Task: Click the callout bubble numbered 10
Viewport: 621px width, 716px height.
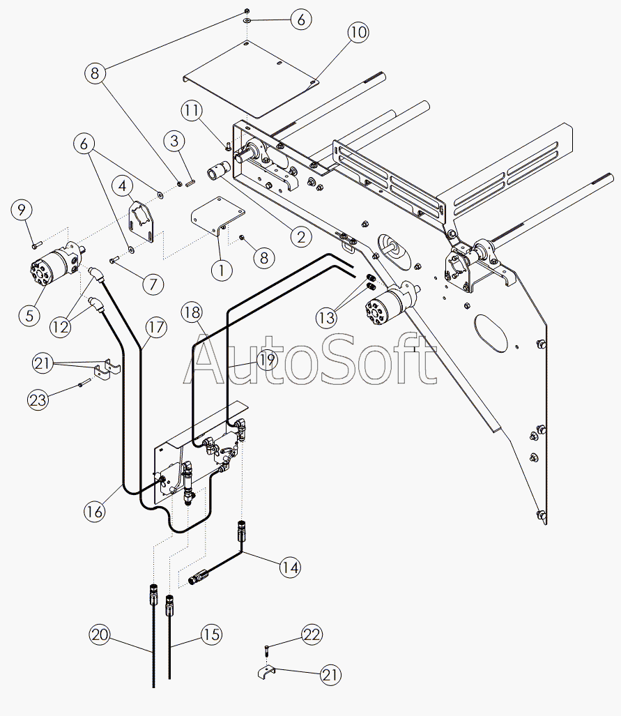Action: (358, 33)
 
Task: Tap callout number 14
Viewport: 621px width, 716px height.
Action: (291, 568)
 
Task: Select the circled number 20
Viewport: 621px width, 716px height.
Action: (100, 634)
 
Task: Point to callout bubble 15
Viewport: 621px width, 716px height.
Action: (211, 634)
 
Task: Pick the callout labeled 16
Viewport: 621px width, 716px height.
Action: (95, 511)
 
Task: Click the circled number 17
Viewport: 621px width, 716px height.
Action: (156, 326)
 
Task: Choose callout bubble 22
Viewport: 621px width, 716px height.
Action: (312, 634)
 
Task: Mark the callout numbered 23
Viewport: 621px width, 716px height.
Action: (38, 399)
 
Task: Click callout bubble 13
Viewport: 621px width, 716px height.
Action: (325, 317)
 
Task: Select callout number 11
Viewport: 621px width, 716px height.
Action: (192, 109)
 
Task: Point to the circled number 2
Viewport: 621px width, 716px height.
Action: (300, 237)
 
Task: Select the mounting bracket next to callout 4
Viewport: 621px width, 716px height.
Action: (144, 222)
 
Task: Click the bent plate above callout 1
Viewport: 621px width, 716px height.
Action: (218, 213)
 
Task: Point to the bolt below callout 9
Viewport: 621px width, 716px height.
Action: (36, 243)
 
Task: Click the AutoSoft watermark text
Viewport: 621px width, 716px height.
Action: (310, 359)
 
